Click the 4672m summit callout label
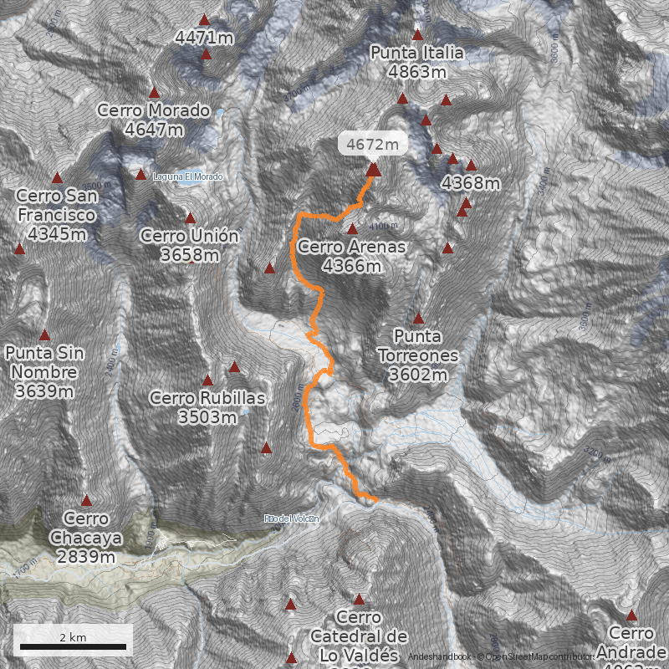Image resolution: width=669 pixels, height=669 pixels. coord(372,144)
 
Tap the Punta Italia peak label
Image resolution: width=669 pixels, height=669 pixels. coord(417,63)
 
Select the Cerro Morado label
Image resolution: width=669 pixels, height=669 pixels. coord(153,120)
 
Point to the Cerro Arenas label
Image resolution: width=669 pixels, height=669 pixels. coord(351,256)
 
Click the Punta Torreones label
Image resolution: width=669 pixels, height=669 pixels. coord(418,355)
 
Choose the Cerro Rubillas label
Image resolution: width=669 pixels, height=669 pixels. coord(207,407)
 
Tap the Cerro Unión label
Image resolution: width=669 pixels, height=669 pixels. coord(190,245)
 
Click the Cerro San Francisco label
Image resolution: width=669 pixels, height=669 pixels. coord(57,215)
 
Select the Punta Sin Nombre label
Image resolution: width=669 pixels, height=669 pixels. coord(44,371)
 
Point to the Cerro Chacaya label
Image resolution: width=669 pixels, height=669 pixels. coord(86,537)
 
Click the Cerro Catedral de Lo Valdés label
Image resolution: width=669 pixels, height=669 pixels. coord(359,636)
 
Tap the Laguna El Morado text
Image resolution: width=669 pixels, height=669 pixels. coord(187,176)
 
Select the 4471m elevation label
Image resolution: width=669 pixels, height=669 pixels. coord(204,37)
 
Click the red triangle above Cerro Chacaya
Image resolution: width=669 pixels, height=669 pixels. coord(86,501)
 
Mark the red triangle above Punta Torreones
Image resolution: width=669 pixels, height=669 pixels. coord(418,319)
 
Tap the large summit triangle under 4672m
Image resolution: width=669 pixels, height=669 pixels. coord(373,169)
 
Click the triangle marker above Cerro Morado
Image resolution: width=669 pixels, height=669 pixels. coord(154,93)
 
